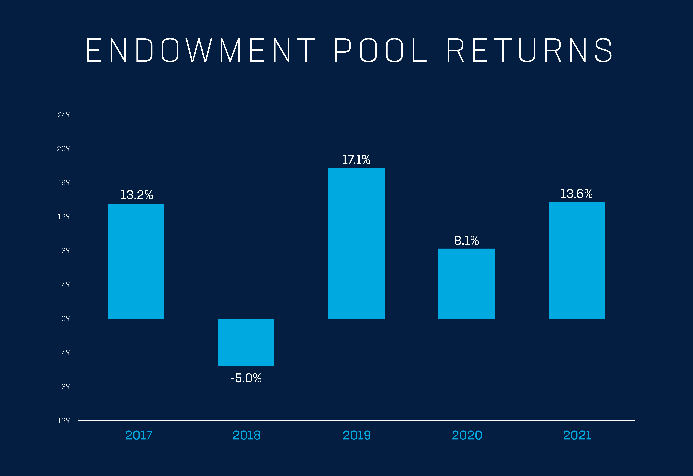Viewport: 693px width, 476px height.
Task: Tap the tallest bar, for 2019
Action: coord(356,243)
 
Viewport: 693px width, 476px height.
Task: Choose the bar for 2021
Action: coord(577,260)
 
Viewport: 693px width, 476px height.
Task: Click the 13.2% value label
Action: coord(137,195)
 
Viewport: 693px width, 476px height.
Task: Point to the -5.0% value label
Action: coord(246,378)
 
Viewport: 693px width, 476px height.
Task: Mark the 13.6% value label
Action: coord(576,194)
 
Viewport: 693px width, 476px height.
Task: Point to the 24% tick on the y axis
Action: coord(64,115)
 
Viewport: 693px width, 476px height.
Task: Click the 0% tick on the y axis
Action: coord(66,319)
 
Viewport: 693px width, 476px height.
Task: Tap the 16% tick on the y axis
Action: coord(64,183)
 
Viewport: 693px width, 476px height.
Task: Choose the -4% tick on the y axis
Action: coord(65,353)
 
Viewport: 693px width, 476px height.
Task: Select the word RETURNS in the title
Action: coord(530,50)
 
